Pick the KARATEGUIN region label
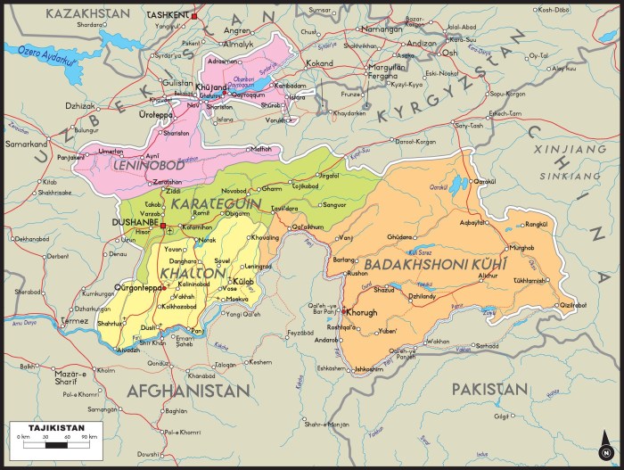pyautogui.click(x=215, y=204)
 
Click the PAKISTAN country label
pyautogui.click(x=489, y=389)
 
